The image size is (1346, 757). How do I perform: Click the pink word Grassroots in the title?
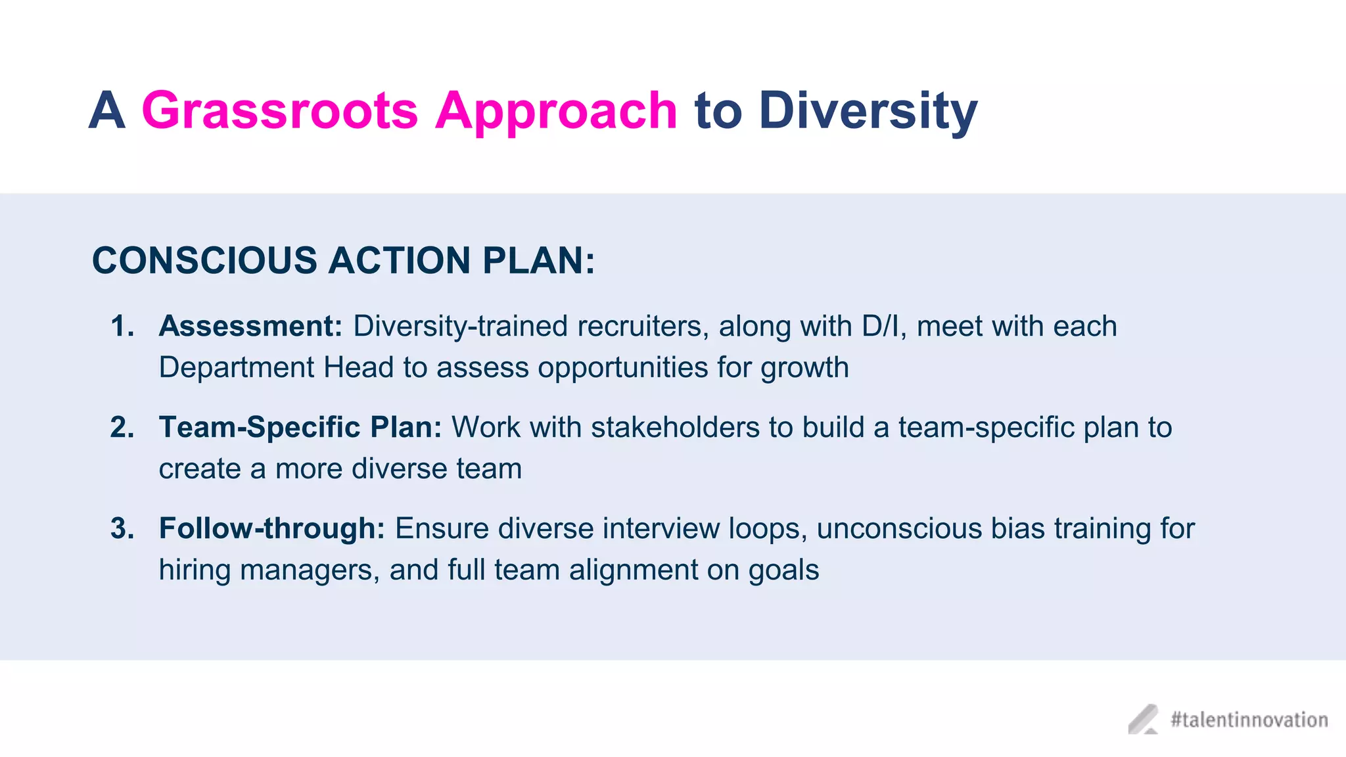(x=279, y=110)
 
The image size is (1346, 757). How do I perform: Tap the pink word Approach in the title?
(x=555, y=110)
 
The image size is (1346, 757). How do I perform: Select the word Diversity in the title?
(x=868, y=110)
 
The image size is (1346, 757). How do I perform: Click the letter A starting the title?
(x=107, y=110)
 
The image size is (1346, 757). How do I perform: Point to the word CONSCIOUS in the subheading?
(x=204, y=260)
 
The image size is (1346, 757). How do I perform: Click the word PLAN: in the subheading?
(x=538, y=260)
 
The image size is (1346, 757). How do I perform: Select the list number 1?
(x=122, y=327)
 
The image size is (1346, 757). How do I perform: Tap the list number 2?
(x=122, y=428)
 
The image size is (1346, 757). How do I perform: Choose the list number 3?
(x=122, y=529)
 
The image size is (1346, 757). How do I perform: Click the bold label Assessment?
(x=250, y=327)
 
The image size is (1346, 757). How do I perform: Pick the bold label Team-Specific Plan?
(x=300, y=428)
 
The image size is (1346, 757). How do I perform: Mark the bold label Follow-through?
(x=271, y=529)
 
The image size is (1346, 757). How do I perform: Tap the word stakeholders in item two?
(x=675, y=428)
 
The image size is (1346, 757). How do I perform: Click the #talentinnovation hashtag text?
(x=1249, y=720)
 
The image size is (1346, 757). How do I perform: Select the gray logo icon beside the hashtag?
(x=1144, y=720)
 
